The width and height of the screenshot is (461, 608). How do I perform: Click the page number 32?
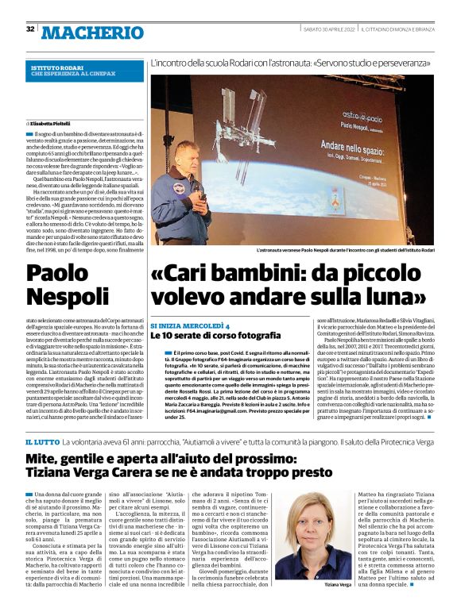click(29, 29)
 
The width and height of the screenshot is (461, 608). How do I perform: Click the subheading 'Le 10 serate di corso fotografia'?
click(216, 337)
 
